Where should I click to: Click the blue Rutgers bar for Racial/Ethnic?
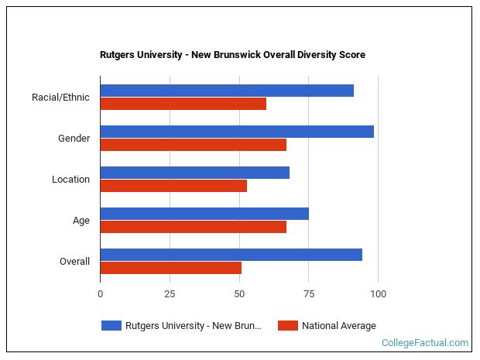pyautogui.click(x=227, y=91)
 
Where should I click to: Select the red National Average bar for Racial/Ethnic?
pyautogui.click(x=183, y=104)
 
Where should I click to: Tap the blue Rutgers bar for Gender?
pyautogui.click(x=237, y=132)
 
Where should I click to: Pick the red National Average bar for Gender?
pyautogui.click(x=194, y=145)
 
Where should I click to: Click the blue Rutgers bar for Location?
pyautogui.click(x=194, y=173)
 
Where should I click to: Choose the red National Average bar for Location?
pyautogui.click(x=173, y=186)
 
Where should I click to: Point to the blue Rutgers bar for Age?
pyautogui.click(x=204, y=214)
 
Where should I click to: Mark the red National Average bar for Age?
pyautogui.click(x=194, y=227)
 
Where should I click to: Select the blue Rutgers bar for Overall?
pyautogui.click(x=231, y=255)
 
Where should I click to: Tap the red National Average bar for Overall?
pyautogui.click(x=170, y=268)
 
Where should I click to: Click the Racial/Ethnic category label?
pyautogui.click(x=60, y=98)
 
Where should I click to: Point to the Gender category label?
pyautogui.click(x=74, y=139)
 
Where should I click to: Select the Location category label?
pyautogui.click(x=70, y=180)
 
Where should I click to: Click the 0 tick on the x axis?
pyautogui.click(x=100, y=294)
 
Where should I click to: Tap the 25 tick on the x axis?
pyautogui.click(x=170, y=294)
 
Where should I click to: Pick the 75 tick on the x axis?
pyautogui.click(x=309, y=294)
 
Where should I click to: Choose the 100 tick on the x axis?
pyautogui.click(x=379, y=294)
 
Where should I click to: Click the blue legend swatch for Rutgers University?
pyautogui.click(x=111, y=326)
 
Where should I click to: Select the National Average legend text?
pyautogui.click(x=339, y=326)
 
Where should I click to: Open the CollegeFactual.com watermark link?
pyautogui.click(x=425, y=343)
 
